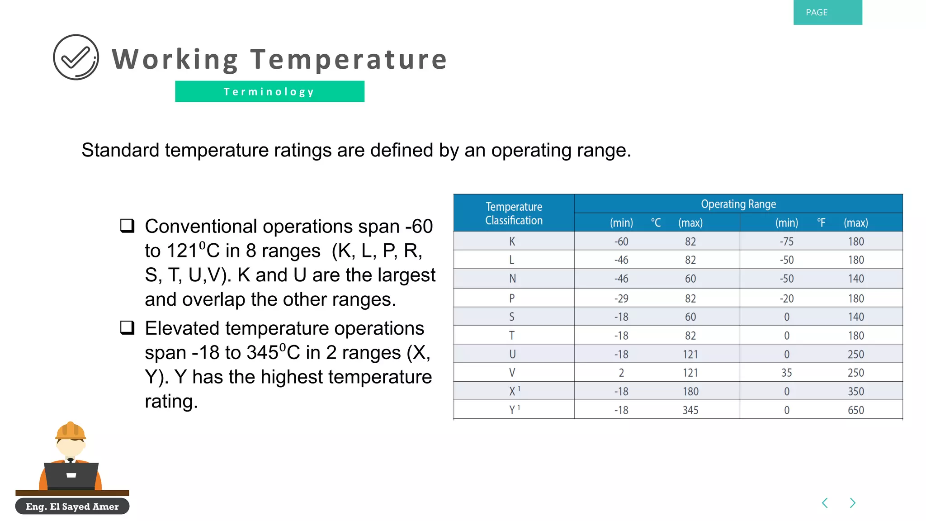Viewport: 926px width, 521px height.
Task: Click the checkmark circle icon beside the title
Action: click(x=76, y=57)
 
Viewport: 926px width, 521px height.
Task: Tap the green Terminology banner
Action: click(x=269, y=91)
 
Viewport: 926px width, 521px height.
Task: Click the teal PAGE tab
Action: click(x=827, y=12)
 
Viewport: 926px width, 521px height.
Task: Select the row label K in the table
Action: click(x=512, y=242)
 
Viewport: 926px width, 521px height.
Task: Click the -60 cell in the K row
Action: click(x=621, y=242)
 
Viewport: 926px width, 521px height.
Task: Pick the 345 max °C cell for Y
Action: click(x=690, y=410)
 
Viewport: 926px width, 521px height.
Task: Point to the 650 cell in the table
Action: click(x=855, y=410)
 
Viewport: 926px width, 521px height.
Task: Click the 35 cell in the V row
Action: click(x=786, y=373)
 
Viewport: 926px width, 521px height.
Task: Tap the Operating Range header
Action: click(x=738, y=204)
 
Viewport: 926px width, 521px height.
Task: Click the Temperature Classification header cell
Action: click(x=514, y=213)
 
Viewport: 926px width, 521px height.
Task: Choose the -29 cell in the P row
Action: click(x=621, y=298)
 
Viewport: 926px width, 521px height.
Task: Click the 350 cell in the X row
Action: click(x=855, y=391)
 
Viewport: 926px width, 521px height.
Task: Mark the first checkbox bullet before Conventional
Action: click(x=128, y=225)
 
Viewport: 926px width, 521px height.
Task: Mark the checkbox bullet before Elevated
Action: click(x=128, y=327)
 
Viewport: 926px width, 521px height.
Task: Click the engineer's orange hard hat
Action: click(x=71, y=431)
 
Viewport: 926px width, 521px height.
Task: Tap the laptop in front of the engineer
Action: click(x=71, y=476)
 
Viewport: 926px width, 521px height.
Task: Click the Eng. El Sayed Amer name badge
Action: click(x=72, y=506)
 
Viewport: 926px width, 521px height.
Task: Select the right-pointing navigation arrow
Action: click(x=852, y=503)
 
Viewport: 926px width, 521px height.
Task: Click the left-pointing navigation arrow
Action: click(x=825, y=503)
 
